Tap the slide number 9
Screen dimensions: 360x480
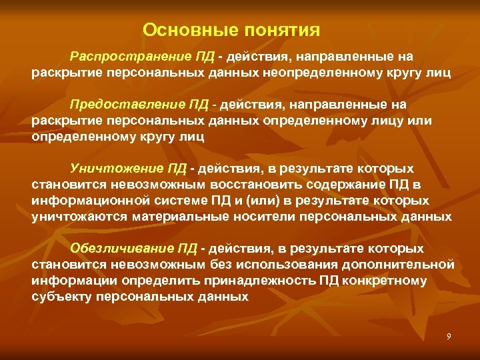pos(449,337)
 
